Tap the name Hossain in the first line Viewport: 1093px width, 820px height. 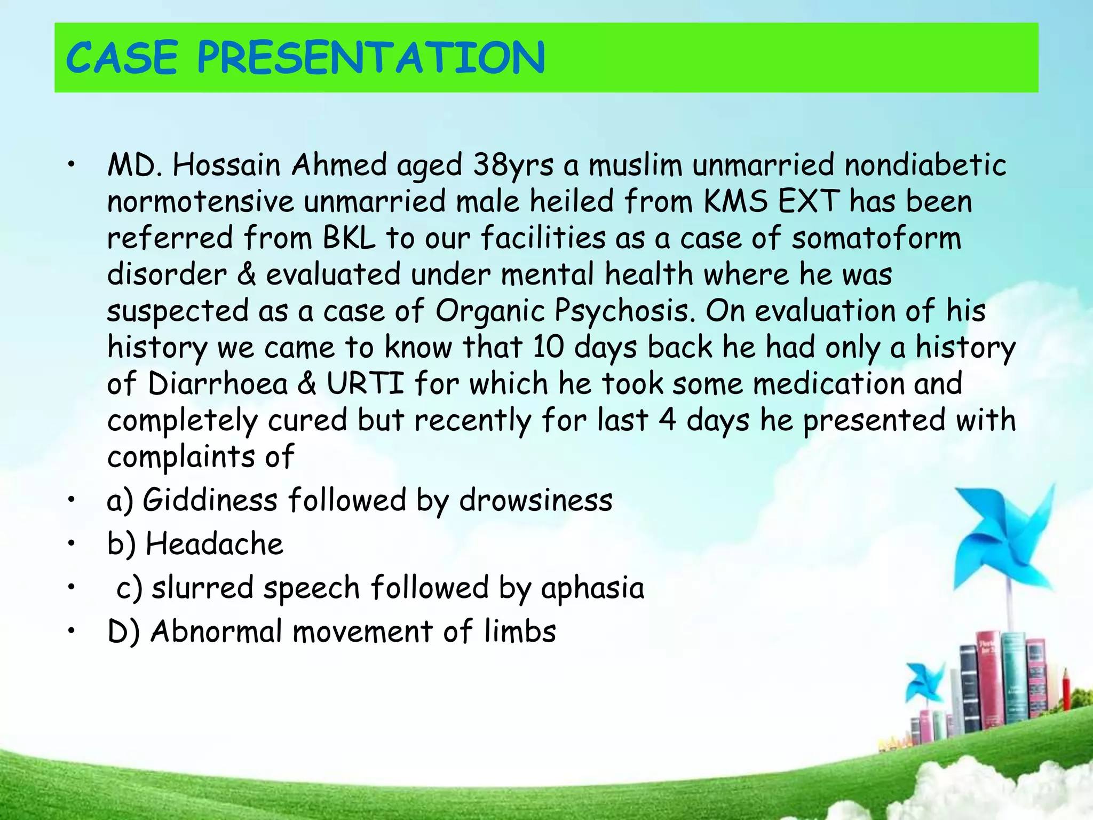click(x=226, y=165)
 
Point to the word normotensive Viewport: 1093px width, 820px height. click(x=200, y=202)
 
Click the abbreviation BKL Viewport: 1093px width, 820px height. click(x=349, y=238)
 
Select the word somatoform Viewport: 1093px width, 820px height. click(x=876, y=238)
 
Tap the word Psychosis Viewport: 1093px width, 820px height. click(x=624, y=311)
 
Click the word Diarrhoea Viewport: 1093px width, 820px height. click(x=218, y=384)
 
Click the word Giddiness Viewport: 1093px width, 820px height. click(x=210, y=501)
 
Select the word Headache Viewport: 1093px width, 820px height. click(x=214, y=545)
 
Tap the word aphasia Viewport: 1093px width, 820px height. click(x=592, y=588)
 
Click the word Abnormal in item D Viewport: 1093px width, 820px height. click(x=216, y=632)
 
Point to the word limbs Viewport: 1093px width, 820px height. click(x=520, y=632)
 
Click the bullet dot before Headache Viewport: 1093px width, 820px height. click(x=70, y=544)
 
